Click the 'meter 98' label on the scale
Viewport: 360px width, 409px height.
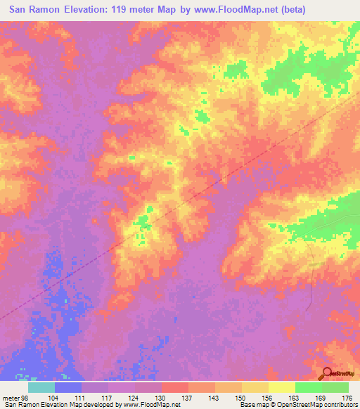15,397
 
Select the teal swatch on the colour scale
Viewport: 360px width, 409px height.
41,387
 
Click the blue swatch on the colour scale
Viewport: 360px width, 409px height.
68,387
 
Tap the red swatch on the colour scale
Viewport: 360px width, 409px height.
175,387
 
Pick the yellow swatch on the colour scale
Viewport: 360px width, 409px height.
282,387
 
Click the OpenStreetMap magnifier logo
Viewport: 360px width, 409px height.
328,374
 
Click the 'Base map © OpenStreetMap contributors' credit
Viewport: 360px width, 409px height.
295,405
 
